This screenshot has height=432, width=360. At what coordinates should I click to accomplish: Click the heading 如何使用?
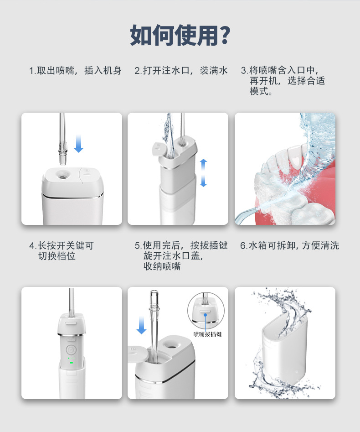[180, 36]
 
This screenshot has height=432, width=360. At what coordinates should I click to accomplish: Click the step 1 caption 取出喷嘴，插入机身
[75, 71]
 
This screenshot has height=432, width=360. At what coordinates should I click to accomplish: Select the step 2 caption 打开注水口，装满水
[181, 71]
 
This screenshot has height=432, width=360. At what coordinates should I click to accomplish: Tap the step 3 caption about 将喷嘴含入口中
[283, 81]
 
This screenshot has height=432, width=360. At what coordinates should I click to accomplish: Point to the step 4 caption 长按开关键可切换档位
[61, 250]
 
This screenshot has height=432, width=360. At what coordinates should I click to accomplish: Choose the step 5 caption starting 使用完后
[181, 255]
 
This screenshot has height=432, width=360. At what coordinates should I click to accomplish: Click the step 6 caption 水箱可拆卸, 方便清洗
[289, 245]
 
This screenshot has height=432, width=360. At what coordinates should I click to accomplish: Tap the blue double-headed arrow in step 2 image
[203, 172]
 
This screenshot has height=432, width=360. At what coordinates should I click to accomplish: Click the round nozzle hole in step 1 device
[60, 174]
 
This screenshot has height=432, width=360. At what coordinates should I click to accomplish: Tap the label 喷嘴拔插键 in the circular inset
[207, 334]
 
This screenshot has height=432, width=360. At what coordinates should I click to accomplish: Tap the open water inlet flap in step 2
[158, 148]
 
